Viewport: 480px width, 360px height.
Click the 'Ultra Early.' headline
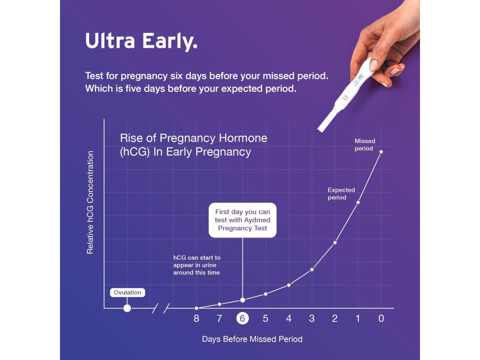click(142, 41)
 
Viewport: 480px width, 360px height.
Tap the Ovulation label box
click(127, 292)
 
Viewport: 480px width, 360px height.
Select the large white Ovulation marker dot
click(127, 308)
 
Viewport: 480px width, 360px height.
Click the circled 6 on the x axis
click(242, 319)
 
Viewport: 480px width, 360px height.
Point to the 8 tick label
click(196, 319)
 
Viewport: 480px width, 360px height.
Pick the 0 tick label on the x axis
click(381, 319)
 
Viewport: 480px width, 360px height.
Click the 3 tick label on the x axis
click(312, 319)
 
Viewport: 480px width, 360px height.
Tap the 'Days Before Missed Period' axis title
click(252, 339)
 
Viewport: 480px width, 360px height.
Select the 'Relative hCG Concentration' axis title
click(90, 202)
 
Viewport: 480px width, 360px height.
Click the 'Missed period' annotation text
click(365, 145)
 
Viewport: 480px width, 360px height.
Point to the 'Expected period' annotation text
click(341, 194)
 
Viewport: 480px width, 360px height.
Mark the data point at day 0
click(381, 152)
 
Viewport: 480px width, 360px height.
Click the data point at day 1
click(358, 202)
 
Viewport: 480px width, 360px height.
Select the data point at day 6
click(242, 300)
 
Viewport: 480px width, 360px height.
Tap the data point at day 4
click(289, 285)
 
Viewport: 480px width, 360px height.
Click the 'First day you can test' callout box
click(242, 220)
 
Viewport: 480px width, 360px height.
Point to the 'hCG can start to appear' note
click(197, 265)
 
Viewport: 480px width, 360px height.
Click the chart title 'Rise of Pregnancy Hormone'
click(194, 138)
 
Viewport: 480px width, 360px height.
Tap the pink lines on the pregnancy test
click(345, 98)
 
